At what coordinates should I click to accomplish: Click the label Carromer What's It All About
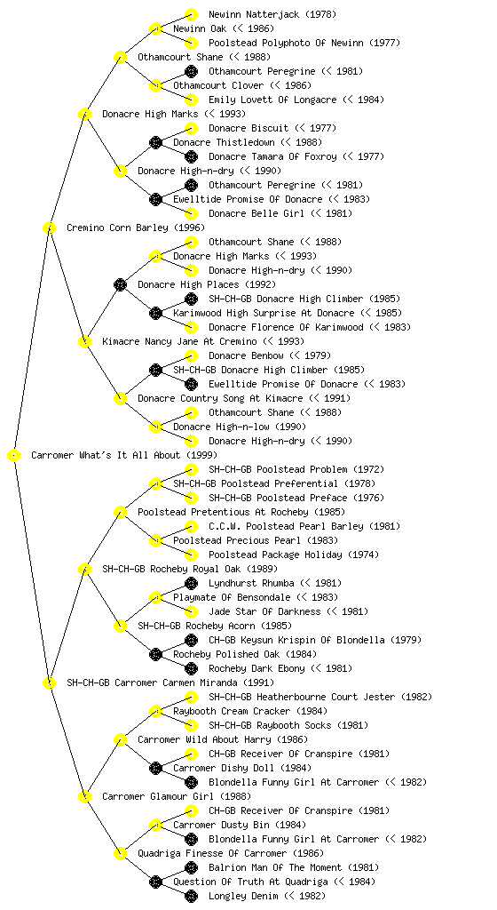click(x=106, y=455)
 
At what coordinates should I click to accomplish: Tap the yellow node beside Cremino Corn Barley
click(x=49, y=227)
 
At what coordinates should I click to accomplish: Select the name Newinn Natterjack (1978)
click(x=272, y=14)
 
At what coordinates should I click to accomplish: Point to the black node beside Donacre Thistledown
click(x=155, y=142)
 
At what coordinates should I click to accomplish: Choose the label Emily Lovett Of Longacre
click(x=272, y=100)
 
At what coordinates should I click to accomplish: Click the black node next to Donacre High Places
click(x=120, y=284)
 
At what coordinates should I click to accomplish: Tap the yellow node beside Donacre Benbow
click(x=191, y=355)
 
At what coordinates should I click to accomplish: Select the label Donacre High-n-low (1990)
click(x=240, y=427)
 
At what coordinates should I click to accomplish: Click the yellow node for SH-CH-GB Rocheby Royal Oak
click(x=84, y=569)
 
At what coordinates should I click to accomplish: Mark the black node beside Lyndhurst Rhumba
click(x=191, y=583)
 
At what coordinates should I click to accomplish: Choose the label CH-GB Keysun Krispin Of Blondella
click(x=296, y=640)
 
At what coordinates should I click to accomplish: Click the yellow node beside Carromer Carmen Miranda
click(x=49, y=682)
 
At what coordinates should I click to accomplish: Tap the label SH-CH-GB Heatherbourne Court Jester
click(x=302, y=697)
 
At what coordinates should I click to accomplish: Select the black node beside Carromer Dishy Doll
click(x=155, y=768)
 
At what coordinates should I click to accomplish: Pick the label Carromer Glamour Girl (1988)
click(x=177, y=796)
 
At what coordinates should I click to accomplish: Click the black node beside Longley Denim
click(x=191, y=896)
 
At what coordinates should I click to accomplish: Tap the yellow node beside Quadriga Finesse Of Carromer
click(x=120, y=853)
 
